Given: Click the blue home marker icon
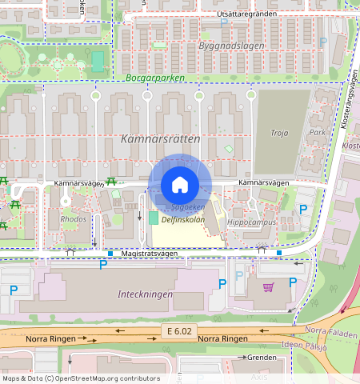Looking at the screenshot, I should (x=180, y=185).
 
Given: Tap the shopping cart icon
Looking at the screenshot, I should (x=269, y=286).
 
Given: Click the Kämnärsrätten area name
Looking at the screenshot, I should (x=159, y=138).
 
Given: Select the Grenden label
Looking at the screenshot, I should (x=262, y=357).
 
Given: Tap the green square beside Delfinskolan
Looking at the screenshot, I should (x=153, y=218).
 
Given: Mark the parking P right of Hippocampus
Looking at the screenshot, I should (x=302, y=210).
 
